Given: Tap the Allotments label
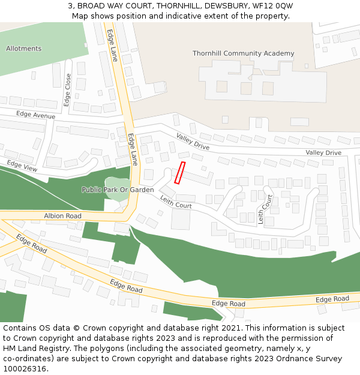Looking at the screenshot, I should pos(23,49).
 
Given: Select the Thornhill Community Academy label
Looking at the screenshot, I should pos(243,53).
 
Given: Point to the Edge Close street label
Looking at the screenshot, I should pos(67,90).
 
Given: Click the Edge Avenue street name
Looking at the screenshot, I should pos(36,115).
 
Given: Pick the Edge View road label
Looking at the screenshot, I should pos(22,166).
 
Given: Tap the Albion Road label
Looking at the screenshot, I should pos(62,215).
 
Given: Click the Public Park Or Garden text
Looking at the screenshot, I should pos(118,190).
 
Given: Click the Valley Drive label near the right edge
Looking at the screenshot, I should pos(323,153).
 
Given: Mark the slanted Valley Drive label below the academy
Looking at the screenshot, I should pos(193,142).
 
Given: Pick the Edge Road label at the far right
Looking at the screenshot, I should pos(332,299).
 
